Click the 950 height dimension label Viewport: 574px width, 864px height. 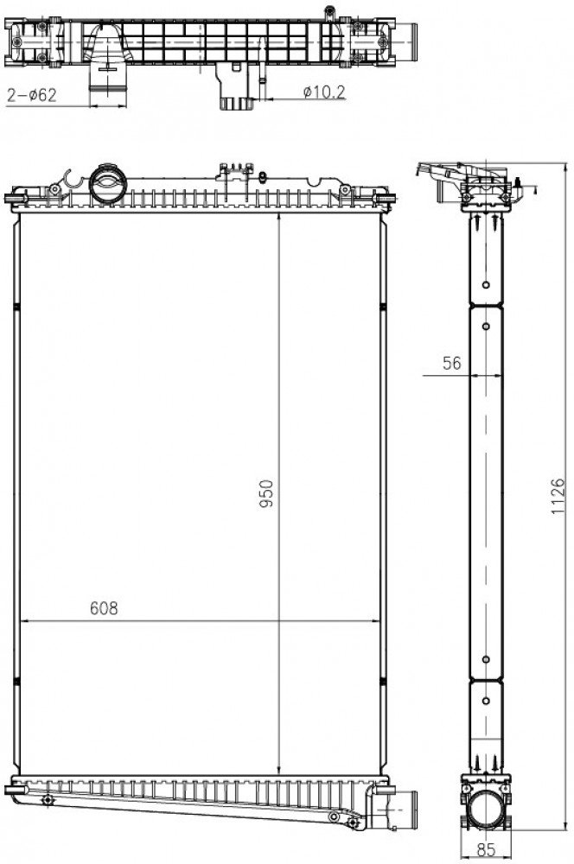[x=267, y=493]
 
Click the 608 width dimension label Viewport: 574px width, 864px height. [x=104, y=607]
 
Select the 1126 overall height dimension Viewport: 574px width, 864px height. [x=558, y=497]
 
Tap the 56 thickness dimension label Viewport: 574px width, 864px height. [x=451, y=363]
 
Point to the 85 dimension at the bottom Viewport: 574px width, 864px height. [x=485, y=849]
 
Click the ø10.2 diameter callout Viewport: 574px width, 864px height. [x=324, y=92]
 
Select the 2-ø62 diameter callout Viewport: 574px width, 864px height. [x=31, y=95]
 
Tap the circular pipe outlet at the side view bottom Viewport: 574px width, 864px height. [x=486, y=808]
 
